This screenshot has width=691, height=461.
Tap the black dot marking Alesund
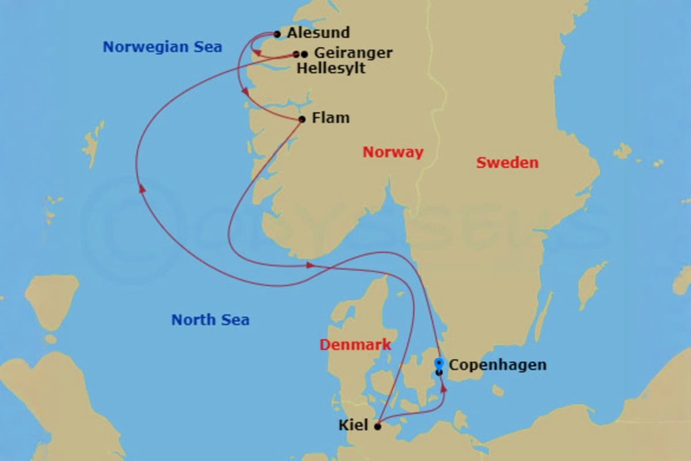(278, 35)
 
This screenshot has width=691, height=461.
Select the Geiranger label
(353, 53)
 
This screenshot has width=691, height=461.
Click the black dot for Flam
(302, 119)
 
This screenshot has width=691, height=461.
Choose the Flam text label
(330, 118)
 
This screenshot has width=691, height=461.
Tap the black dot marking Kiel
(378, 427)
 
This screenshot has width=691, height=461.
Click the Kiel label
(354, 426)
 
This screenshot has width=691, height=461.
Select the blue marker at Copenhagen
(439, 363)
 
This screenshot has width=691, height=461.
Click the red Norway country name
(393, 153)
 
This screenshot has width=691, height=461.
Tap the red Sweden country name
(507, 163)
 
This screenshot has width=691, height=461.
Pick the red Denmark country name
(355, 345)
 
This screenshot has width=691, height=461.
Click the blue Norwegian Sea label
(162, 47)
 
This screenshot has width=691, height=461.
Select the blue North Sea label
(210, 319)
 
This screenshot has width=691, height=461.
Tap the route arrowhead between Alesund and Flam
(245, 92)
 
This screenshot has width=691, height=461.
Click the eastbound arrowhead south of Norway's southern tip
(310, 265)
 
